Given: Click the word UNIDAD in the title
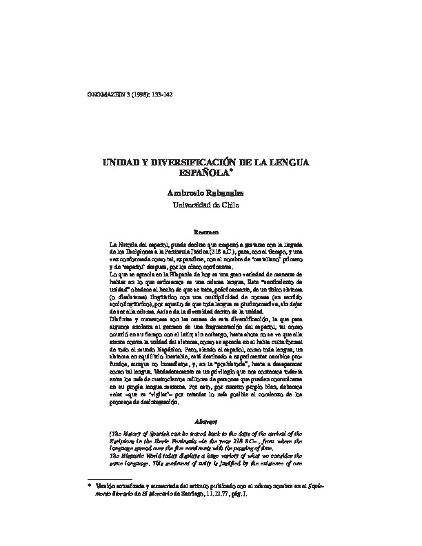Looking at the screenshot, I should (119, 162).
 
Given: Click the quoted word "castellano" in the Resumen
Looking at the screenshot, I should (268, 263).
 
